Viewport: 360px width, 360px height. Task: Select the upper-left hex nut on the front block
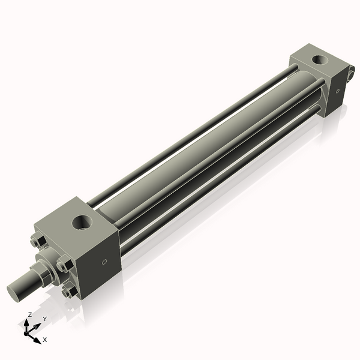tap(34, 242)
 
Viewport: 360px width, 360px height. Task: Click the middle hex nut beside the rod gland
tap(62, 264)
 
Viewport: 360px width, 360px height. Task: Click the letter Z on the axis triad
tap(30, 314)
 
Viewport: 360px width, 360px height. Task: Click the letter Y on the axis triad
tap(44, 319)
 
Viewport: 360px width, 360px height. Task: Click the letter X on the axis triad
tap(45, 340)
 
